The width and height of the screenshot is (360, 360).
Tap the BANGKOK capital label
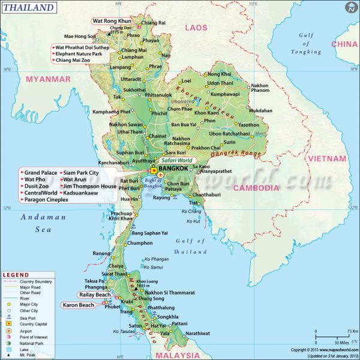pos(175,169)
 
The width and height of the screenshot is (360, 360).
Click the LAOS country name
pos(196,28)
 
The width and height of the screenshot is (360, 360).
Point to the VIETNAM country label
pos(327,158)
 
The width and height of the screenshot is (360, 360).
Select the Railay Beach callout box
pos(95,295)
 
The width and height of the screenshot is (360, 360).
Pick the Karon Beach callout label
pos(78,305)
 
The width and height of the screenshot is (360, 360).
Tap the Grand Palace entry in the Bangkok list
pos(41,173)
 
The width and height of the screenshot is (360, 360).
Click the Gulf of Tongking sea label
pos(306,43)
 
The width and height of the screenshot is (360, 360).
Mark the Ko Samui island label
pos(154,267)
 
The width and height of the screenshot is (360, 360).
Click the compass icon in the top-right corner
pos(350,8)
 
